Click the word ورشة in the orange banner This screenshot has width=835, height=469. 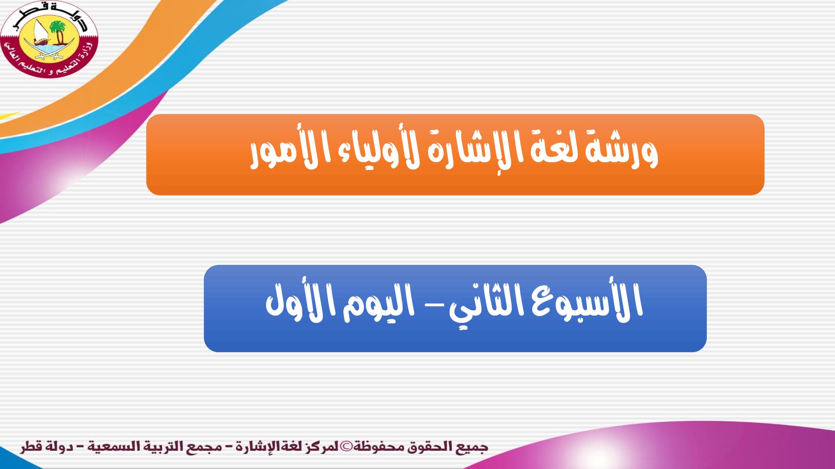pyautogui.click(x=621, y=152)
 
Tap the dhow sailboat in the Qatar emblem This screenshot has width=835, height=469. pyautogui.click(x=40, y=34)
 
